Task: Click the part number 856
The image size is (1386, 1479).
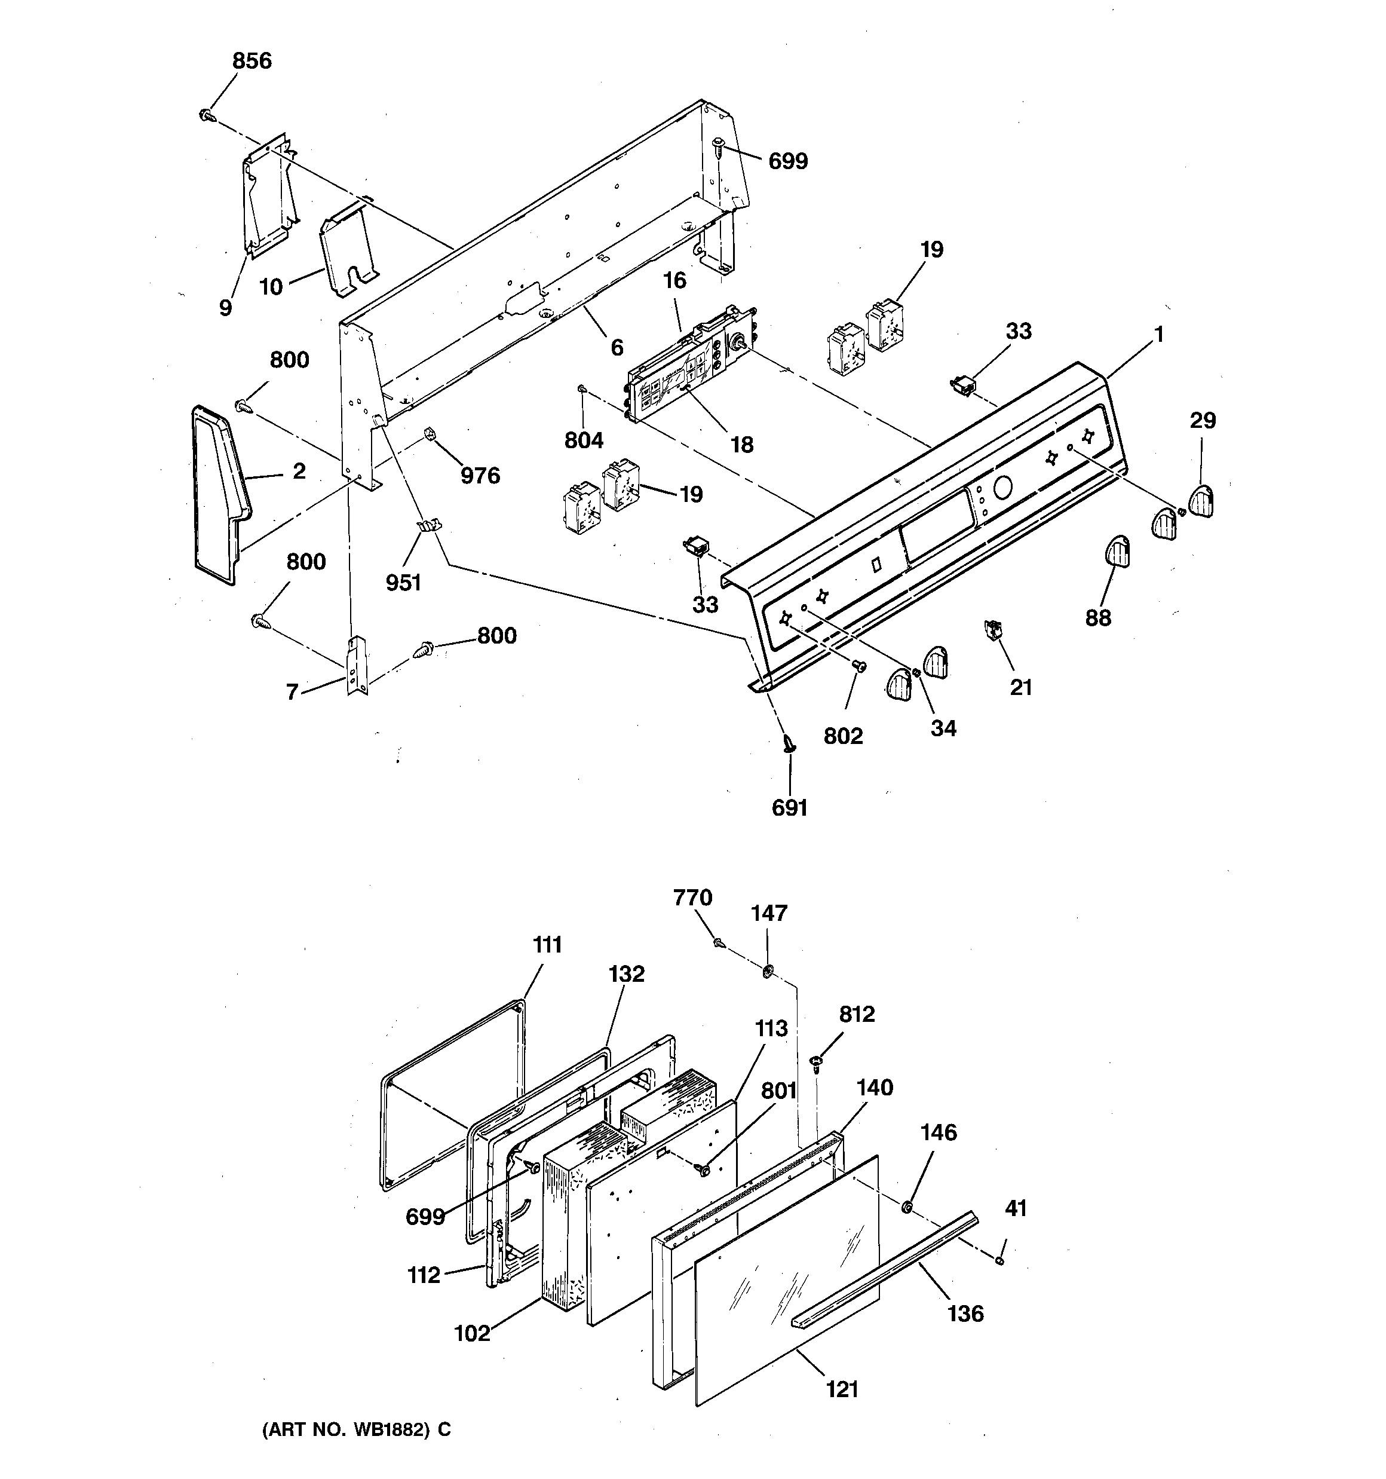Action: point(252,61)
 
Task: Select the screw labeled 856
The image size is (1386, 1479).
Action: point(207,115)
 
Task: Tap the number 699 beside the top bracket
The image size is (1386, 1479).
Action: point(788,161)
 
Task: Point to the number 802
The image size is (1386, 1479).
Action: point(843,736)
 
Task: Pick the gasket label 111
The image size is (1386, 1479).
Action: point(547,945)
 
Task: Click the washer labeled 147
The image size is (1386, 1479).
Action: point(768,970)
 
